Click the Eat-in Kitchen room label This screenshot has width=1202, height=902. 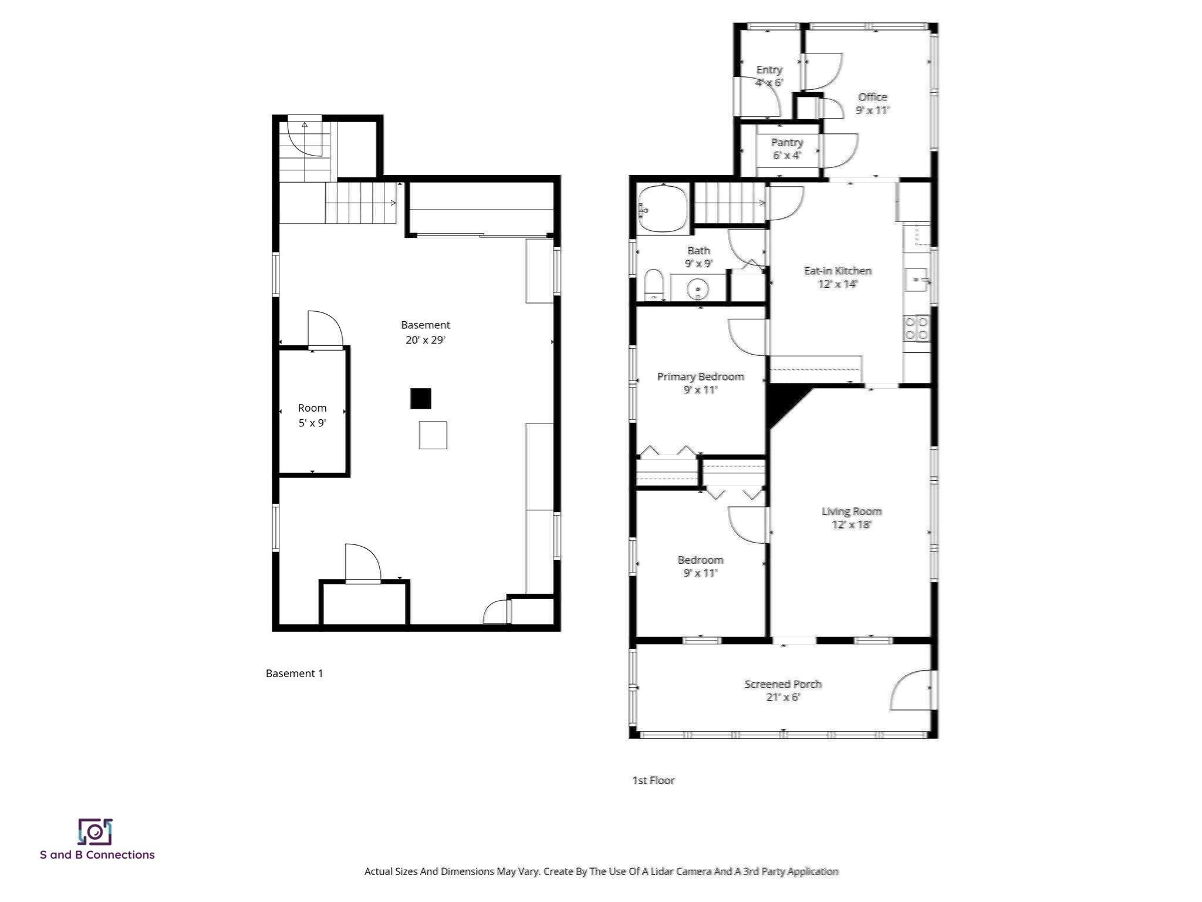click(837, 271)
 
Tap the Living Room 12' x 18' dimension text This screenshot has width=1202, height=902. click(851, 524)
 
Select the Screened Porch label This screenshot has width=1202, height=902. click(782, 684)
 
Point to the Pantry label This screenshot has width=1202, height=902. click(786, 143)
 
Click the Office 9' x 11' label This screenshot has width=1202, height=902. click(872, 103)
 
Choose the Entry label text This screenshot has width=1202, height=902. click(769, 70)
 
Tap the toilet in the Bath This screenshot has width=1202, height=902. click(653, 285)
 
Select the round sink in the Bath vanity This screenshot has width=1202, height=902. click(698, 290)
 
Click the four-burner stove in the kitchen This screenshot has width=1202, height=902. click(916, 328)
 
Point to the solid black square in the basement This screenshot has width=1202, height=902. click(420, 399)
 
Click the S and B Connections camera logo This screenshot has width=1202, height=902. click(95, 832)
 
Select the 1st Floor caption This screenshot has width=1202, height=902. click(653, 780)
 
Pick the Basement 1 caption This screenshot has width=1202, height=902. click(294, 674)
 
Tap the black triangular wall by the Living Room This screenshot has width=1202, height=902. click(782, 402)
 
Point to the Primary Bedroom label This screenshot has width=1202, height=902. click(700, 376)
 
